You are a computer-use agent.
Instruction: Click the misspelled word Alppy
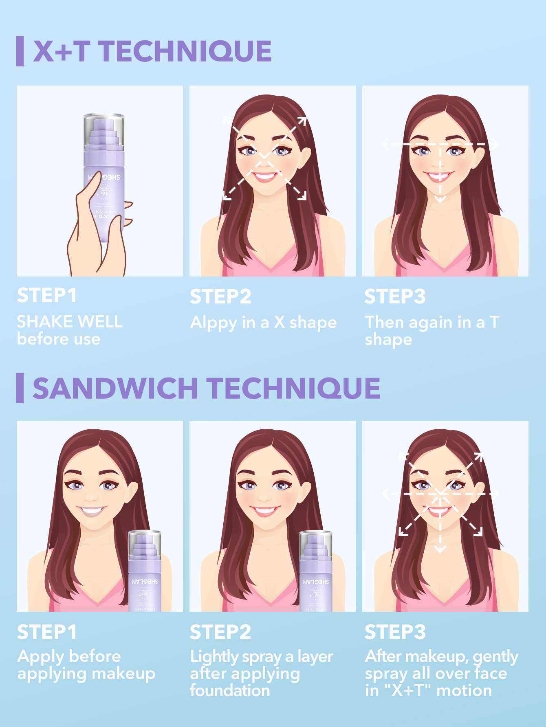pos(214,323)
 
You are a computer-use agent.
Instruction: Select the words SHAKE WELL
pos(70,322)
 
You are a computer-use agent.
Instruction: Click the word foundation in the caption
pos(230,691)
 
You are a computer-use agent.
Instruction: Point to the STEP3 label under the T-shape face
pos(394,297)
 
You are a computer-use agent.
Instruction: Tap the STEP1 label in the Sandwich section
pos(47,633)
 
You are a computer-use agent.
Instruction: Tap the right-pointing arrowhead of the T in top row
pos(495,144)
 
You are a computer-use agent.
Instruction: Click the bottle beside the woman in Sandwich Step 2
pos(316,570)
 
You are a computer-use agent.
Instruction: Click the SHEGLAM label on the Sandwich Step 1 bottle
pos(145,582)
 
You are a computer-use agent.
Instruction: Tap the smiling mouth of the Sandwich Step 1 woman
pos(92,511)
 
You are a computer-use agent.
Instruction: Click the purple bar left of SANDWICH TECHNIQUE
pos(20,388)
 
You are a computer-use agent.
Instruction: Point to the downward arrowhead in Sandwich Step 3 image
pos(440,549)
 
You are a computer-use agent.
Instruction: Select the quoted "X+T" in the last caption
pos(407,691)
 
